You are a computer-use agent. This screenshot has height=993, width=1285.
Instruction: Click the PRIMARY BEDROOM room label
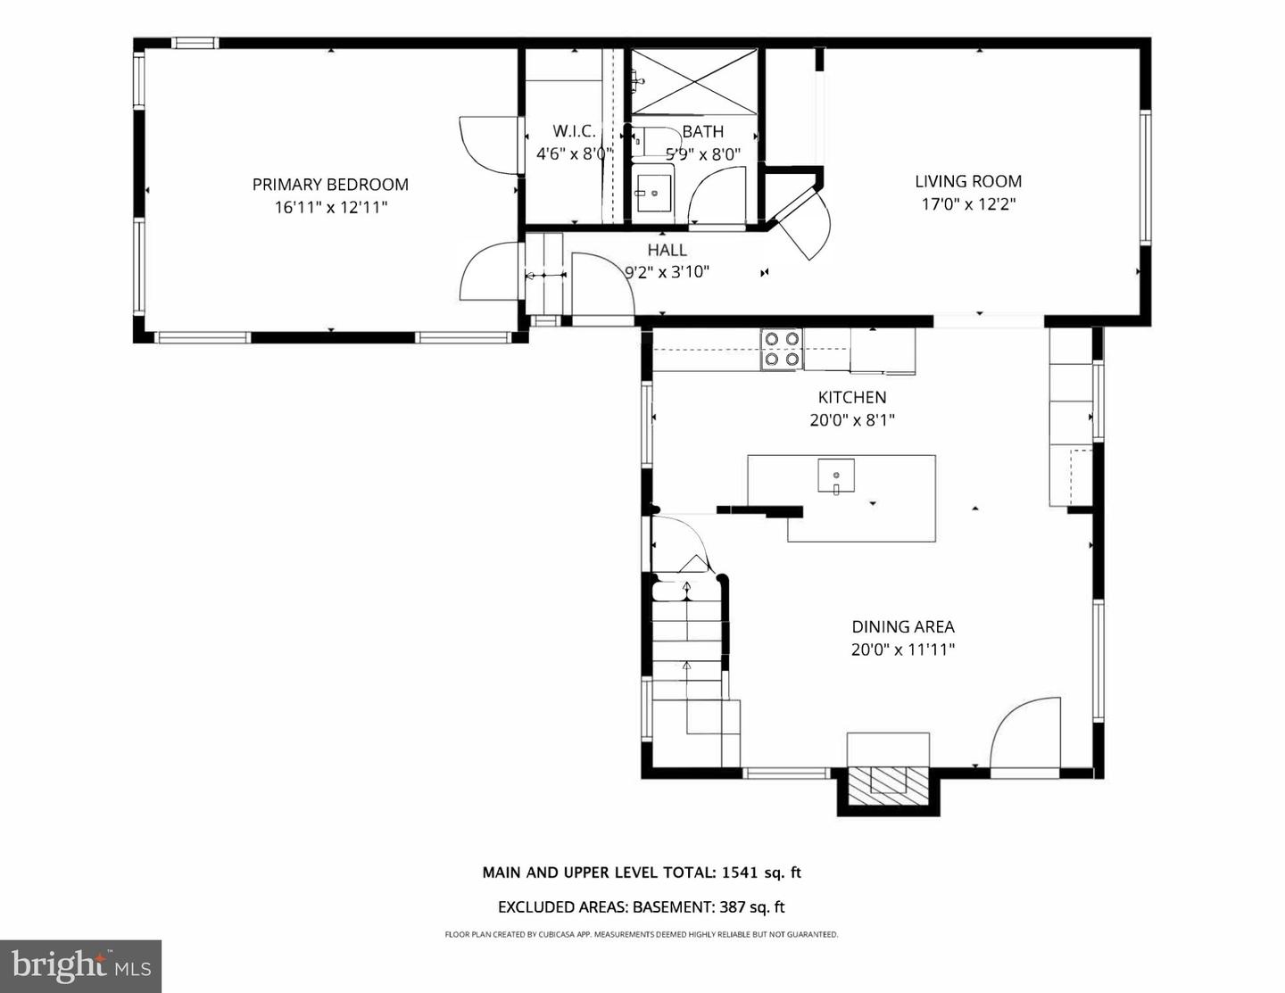pyautogui.click(x=330, y=185)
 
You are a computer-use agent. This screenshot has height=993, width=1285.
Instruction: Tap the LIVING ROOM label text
pyautogui.click(x=968, y=181)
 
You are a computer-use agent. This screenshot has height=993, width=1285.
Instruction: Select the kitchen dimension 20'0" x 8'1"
pyautogui.click(x=852, y=420)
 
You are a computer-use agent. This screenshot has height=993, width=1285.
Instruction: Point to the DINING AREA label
pyautogui.click(x=903, y=627)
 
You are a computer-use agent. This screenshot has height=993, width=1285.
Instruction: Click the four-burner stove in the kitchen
pyautogui.click(x=781, y=349)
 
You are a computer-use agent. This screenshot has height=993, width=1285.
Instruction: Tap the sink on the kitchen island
pyautogui.click(x=836, y=476)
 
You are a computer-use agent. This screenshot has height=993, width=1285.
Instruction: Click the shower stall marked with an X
pyautogui.click(x=693, y=82)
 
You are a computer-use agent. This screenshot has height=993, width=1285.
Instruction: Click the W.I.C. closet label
pyautogui.click(x=574, y=131)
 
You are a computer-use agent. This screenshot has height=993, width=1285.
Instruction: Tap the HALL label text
pyautogui.click(x=667, y=251)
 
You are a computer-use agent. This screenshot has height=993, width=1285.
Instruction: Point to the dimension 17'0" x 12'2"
pyautogui.click(x=968, y=204)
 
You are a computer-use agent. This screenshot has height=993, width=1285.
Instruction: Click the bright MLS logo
pyautogui.click(x=80, y=966)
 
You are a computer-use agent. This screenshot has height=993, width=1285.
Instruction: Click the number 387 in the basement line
pyautogui.click(x=733, y=907)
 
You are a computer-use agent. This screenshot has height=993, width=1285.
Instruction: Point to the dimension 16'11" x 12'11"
pyautogui.click(x=330, y=208)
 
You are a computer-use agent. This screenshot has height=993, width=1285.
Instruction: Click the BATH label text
pyautogui.click(x=702, y=132)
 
